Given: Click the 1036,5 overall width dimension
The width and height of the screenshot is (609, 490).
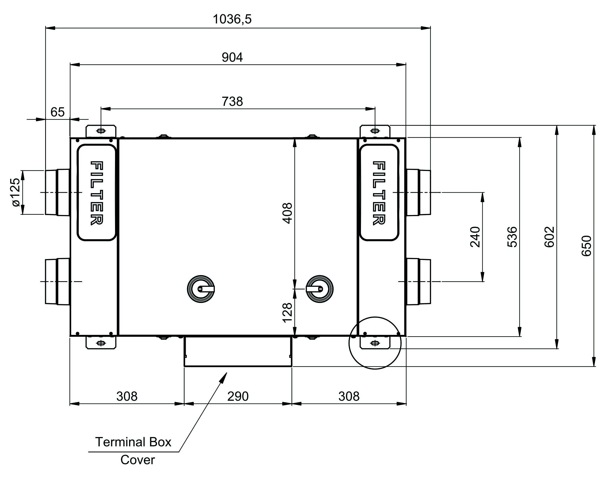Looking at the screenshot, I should click(232, 19).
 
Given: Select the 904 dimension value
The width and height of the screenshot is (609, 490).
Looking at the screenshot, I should click(232, 57).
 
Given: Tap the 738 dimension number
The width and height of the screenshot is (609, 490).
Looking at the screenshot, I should click(232, 101).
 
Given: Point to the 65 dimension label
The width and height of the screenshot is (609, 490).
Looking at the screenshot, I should click(57, 112).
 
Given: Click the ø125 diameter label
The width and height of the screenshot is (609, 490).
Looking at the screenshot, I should click(16, 192).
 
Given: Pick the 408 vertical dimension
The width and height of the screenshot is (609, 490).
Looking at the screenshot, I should click(287, 213).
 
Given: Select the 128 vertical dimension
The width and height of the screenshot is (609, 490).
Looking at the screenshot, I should click(287, 312).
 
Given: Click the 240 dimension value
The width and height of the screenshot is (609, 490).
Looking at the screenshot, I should click(475, 237).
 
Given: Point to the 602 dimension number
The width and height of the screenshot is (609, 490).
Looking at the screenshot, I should click(549, 237).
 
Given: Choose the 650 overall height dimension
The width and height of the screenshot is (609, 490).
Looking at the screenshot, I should click(587, 246).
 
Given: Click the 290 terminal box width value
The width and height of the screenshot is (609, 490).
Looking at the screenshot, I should click(238, 396).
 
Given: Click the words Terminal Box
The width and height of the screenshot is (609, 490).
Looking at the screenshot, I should click(133, 442).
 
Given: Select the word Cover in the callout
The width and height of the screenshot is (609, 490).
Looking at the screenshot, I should click(138, 460).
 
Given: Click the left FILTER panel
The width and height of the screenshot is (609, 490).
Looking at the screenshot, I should click(96, 193).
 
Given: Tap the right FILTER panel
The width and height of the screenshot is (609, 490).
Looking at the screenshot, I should click(379, 193).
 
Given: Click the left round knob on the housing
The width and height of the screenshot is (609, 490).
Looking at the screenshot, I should click(201, 289).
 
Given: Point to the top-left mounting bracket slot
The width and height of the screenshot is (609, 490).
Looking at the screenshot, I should click(101, 131).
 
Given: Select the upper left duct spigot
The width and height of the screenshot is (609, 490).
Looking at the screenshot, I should click(57, 192).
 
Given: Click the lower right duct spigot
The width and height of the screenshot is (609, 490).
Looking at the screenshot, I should click(419, 282).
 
